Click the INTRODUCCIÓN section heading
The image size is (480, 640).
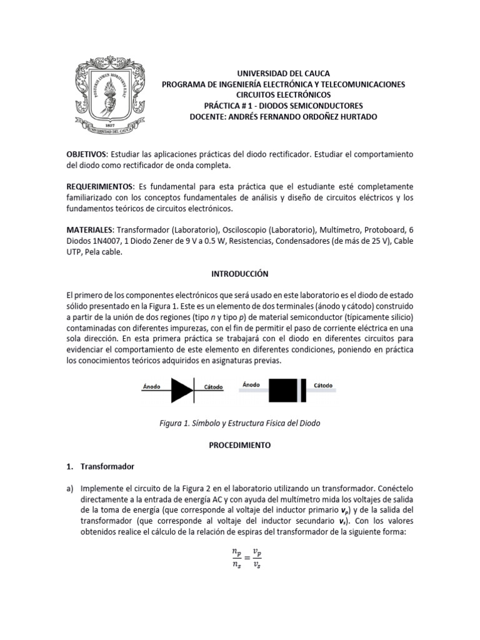click(x=240, y=274)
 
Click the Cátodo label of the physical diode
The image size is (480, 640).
click(x=323, y=385)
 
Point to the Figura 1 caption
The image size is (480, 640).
click(x=240, y=423)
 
